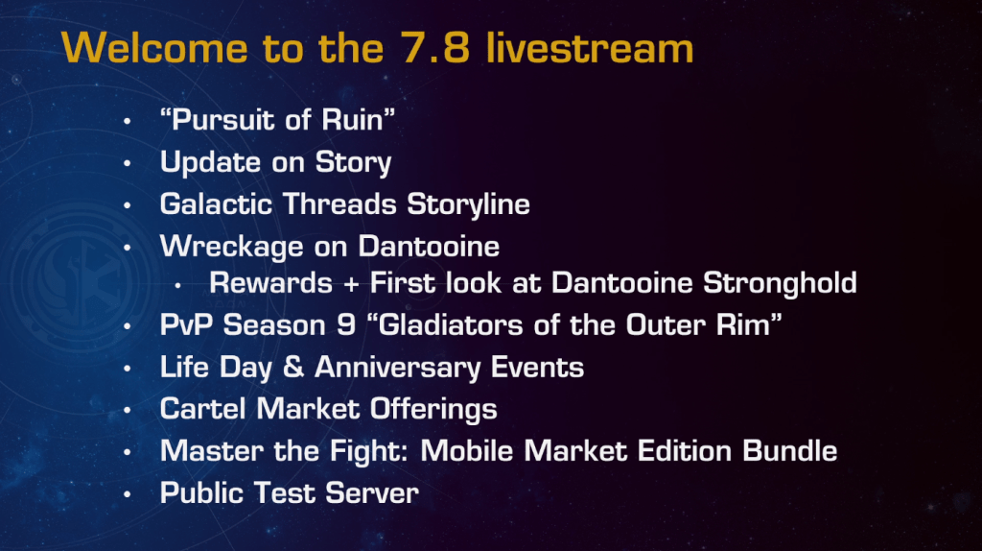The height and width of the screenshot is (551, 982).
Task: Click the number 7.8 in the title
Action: click(434, 48)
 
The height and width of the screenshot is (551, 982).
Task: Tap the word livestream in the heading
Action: click(590, 48)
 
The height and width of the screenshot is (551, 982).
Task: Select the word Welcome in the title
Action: click(154, 48)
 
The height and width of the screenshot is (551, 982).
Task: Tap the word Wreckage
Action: click(232, 247)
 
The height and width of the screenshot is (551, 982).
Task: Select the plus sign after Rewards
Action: click(351, 283)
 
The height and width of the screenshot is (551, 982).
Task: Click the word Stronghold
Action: click(780, 283)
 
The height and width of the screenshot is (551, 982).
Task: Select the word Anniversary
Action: click(397, 368)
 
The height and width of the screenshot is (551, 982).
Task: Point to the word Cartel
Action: click(202, 409)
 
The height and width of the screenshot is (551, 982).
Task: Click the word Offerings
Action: click(433, 410)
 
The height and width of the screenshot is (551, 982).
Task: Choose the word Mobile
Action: click(467, 451)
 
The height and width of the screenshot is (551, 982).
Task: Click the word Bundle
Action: click(790, 451)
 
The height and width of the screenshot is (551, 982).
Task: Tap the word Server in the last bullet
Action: click(372, 492)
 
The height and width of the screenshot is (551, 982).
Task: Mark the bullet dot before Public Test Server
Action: click(128, 494)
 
